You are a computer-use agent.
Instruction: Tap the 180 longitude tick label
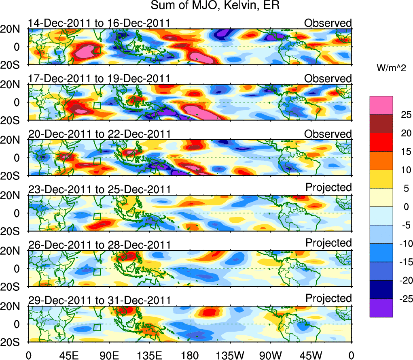[x=190, y=354]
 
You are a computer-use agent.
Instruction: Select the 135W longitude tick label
[x=231, y=354]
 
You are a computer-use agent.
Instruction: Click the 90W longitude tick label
[x=271, y=354]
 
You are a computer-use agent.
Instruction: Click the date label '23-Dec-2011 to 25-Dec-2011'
[x=99, y=189]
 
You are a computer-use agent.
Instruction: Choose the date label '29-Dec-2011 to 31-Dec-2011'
[x=99, y=300]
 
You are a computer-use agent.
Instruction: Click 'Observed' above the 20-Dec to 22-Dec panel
[x=328, y=134]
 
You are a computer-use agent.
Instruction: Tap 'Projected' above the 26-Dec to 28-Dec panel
[x=328, y=243]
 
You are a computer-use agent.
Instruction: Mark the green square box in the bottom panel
[x=97, y=327]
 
